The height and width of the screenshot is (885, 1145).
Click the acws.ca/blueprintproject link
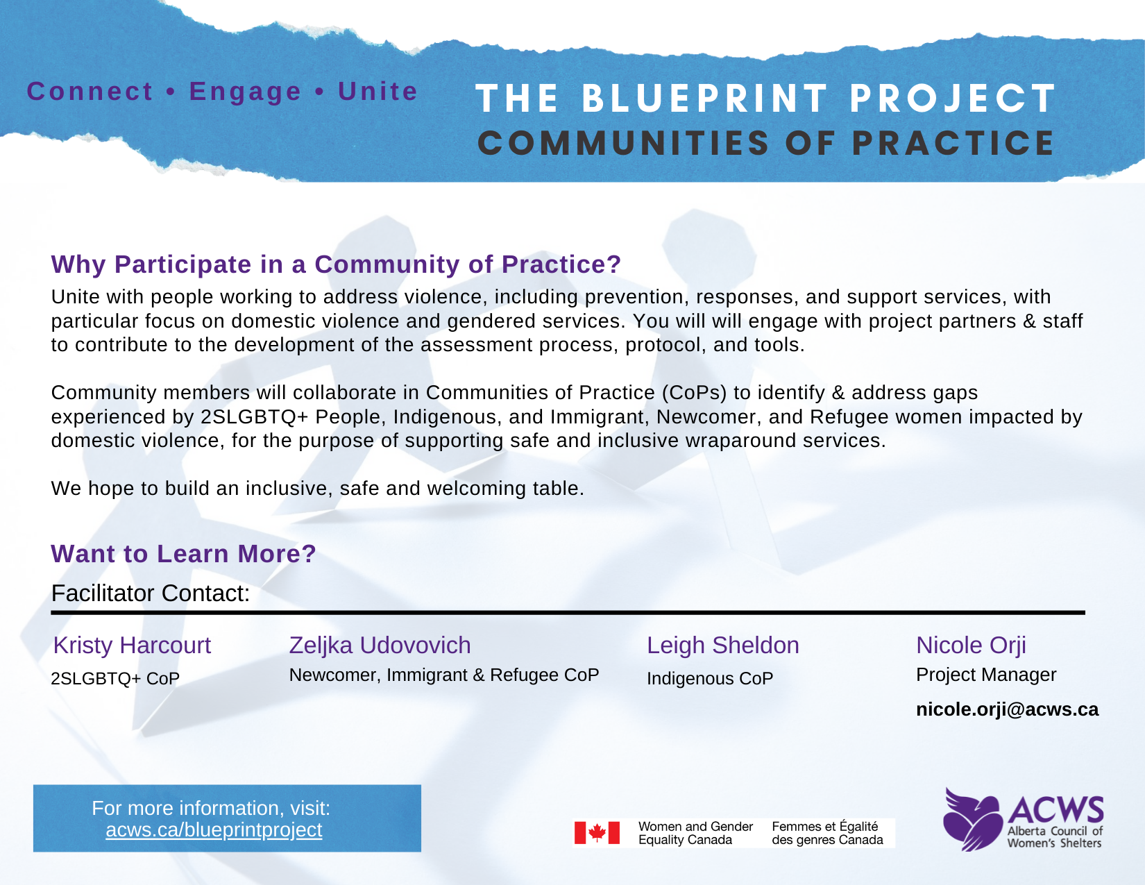[x=214, y=829]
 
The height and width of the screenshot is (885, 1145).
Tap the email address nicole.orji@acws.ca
[x=1007, y=709]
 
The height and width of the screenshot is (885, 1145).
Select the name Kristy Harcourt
[x=132, y=645]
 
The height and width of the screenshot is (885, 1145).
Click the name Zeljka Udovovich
[x=380, y=646]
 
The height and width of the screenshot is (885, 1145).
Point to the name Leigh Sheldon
[x=723, y=646]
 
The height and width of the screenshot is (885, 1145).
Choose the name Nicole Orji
[x=971, y=646]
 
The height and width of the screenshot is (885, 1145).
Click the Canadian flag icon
[x=597, y=833]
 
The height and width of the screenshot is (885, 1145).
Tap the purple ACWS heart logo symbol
[x=972, y=820]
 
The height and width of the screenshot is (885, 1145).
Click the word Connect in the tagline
[x=90, y=91]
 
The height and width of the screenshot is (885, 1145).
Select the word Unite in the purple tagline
[x=378, y=91]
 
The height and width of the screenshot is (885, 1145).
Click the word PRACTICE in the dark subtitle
[x=953, y=143]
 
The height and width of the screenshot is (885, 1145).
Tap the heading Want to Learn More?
[x=183, y=554]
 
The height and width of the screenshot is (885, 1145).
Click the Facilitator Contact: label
[x=150, y=593]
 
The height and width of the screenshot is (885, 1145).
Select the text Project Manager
[x=986, y=675]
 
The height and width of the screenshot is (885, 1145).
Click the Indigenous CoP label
[x=710, y=678]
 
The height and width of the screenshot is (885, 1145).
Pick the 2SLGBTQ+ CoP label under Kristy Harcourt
[x=115, y=678]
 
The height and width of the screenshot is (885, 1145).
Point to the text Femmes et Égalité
[x=824, y=827]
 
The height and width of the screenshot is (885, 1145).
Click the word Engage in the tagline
[x=246, y=92]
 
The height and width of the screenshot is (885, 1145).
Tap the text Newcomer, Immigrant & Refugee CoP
[x=443, y=675]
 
